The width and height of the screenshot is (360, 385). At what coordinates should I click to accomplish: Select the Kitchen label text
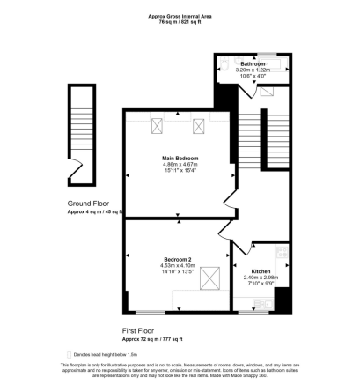point(261,271)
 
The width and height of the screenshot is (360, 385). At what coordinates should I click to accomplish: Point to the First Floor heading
point(143,330)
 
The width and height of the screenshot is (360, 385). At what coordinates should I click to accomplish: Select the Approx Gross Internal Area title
point(180,15)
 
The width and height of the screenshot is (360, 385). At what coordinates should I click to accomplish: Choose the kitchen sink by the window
point(260,305)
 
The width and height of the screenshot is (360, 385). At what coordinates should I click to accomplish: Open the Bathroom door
point(254,92)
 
